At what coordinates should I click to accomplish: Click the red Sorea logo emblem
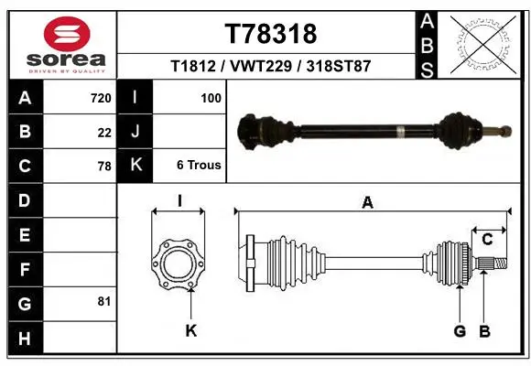[67, 34]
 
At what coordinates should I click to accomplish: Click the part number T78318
[271, 34]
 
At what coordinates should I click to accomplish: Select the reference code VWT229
[261, 66]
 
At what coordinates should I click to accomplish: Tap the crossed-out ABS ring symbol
[483, 45]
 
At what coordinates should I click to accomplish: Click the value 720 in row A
[101, 98]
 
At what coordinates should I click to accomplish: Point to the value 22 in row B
[104, 133]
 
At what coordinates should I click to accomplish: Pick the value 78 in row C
[104, 167]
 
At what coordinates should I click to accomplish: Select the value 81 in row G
[104, 301]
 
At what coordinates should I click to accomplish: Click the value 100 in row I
[211, 98]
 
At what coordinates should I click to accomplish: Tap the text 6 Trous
[199, 165]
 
